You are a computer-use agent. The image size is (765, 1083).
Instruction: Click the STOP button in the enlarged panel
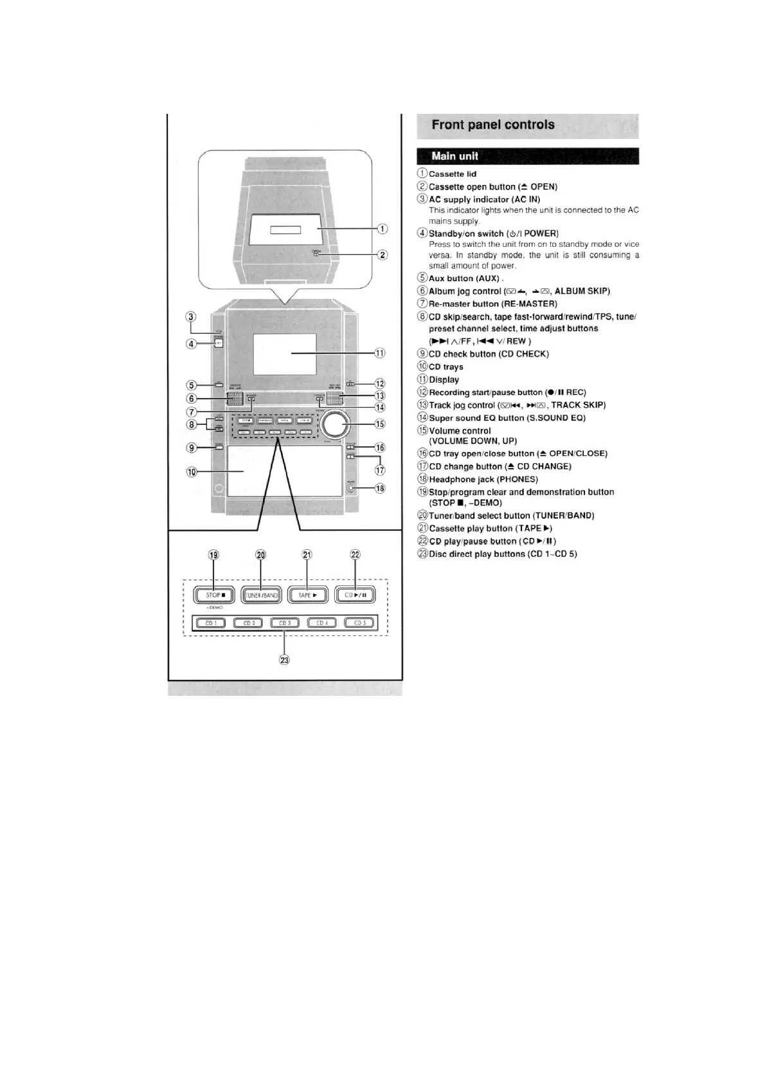(x=215, y=596)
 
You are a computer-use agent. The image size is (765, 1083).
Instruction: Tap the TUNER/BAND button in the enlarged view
(x=261, y=596)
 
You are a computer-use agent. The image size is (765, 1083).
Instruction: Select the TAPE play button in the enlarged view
(x=307, y=596)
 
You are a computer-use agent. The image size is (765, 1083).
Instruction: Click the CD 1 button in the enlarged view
(x=211, y=623)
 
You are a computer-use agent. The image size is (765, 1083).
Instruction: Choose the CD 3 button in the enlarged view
(x=285, y=623)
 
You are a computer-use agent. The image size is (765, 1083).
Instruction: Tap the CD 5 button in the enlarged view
(x=360, y=623)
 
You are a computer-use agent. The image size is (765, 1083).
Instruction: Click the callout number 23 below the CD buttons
(x=285, y=660)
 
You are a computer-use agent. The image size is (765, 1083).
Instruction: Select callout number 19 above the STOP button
(x=214, y=555)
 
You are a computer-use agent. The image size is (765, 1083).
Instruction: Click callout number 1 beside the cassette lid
(x=382, y=228)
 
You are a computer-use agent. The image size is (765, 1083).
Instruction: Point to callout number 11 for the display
(x=380, y=353)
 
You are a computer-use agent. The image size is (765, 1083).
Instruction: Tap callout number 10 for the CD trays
(x=192, y=472)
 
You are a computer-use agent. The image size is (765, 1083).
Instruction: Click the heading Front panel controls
(x=493, y=125)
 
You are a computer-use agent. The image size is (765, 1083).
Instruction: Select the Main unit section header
(x=455, y=156)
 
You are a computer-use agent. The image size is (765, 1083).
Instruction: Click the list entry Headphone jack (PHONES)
(x=483, y=479)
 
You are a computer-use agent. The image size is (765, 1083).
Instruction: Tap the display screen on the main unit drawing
(x=284, y=354)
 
